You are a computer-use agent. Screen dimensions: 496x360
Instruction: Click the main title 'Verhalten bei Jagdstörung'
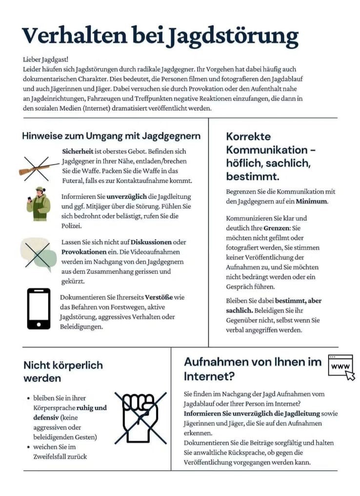(x=160, y=37)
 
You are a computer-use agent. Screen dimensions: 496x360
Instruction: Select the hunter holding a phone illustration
(x=38, y=203)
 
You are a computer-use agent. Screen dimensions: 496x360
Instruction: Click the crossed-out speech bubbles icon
(x=38, y=255)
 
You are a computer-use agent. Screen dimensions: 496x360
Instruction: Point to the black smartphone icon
(x=39, y=308)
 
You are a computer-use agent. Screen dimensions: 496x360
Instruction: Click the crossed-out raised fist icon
(x=140, y=417)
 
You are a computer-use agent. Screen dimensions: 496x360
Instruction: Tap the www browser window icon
(x=341, y=367)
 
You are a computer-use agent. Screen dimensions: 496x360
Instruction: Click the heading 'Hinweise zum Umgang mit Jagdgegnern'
(x=111, y=136)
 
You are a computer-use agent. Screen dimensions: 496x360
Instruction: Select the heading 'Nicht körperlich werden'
(x=63, y=372)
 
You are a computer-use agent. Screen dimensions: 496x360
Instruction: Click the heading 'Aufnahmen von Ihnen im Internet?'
(x=253, y=369)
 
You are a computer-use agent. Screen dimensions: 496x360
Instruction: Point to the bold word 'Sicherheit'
(x=78, y=152)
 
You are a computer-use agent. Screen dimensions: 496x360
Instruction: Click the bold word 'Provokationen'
(x=84, y=252)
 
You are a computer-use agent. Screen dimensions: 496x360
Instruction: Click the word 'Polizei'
(x=72, y=226)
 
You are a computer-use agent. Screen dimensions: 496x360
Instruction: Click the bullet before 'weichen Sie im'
(x=28, y=447)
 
